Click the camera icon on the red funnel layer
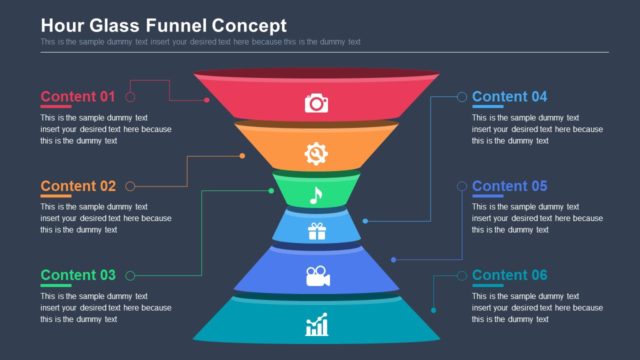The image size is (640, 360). [x=316, y=103]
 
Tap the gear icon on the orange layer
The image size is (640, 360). [x=316, y=153]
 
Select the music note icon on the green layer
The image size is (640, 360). [x=316, y=195]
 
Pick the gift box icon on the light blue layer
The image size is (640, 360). [x=317, y=232]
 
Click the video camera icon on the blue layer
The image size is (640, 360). [x=317, y=276]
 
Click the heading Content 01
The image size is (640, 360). [x=78, y=97]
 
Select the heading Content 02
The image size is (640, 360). [x=78, y=186]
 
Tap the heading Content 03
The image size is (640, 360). [x=78, y=275]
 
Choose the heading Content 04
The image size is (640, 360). [x=510, y=97]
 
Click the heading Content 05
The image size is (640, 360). [x=510, y=186]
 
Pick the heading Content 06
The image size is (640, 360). [x=510, y=275]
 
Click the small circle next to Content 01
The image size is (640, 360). [x=130, y=97]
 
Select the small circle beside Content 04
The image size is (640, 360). [x=461, y=97]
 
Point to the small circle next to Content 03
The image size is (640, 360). [x=130, y=275]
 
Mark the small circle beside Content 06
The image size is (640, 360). [x=461, y=275]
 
